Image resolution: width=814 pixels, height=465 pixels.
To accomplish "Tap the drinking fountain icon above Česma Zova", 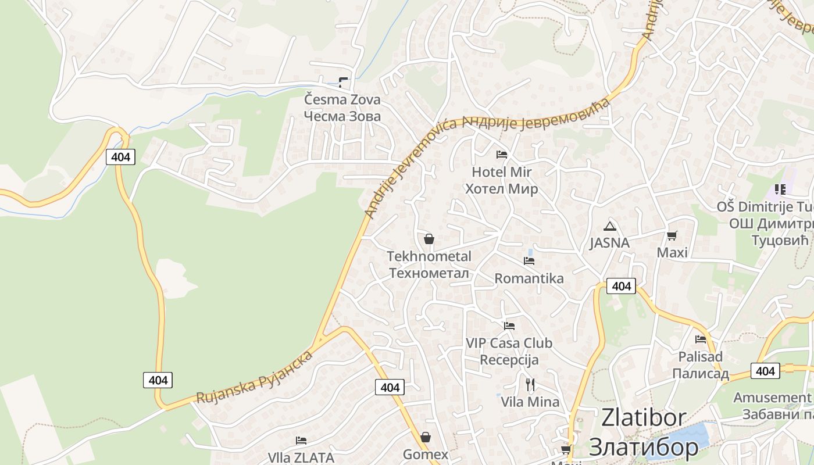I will pyautogui.click(x=344, y=83).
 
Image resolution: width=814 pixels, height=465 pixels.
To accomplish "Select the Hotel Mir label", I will pyautogui.click(x=501, y=172).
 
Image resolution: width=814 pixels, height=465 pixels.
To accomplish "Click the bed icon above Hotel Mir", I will pyautogui.click(x=501, y=155).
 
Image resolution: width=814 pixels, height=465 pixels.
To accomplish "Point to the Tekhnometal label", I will pyautogui.click(x=429, y=256).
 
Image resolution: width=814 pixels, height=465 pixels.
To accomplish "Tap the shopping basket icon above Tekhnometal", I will pyautogui.click(x=429, y=239).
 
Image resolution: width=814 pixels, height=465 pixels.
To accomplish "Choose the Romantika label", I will pyautogui.click(x=529, y=278).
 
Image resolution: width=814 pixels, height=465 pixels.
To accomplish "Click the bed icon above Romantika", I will pyautogui.click(x=529, y=261).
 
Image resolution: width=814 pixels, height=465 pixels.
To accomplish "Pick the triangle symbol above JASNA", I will pyautogui.click(x=609, y=226).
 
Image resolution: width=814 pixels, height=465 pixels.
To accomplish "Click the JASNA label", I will pyautogui.click(x=609, y=243).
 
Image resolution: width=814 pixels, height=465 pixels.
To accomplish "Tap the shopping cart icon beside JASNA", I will pyautogui.click(x=672, y=235).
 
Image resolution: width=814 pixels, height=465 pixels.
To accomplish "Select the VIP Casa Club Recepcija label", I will pyautogui.click(x=509, y=351).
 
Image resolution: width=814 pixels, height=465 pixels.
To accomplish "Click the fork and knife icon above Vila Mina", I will pyautogui.click(x=530, y=384).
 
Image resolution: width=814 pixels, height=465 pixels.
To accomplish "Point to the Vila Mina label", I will pyautogui.click(x=530, y=402).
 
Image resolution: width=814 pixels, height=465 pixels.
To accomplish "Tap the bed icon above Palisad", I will pyautogui.click(x=701, y=339).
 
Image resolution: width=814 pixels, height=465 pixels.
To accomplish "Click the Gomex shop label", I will pyautogui.click(x=426, y=455).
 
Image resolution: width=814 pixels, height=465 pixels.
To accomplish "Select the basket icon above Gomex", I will pyautogui.click(x=426, y=437).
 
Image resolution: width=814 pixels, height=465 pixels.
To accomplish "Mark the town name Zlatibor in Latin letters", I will pyautogui.click(x=644, y=418).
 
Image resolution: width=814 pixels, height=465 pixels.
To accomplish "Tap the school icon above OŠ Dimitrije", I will pyautogui.click(x=780, y=189).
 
